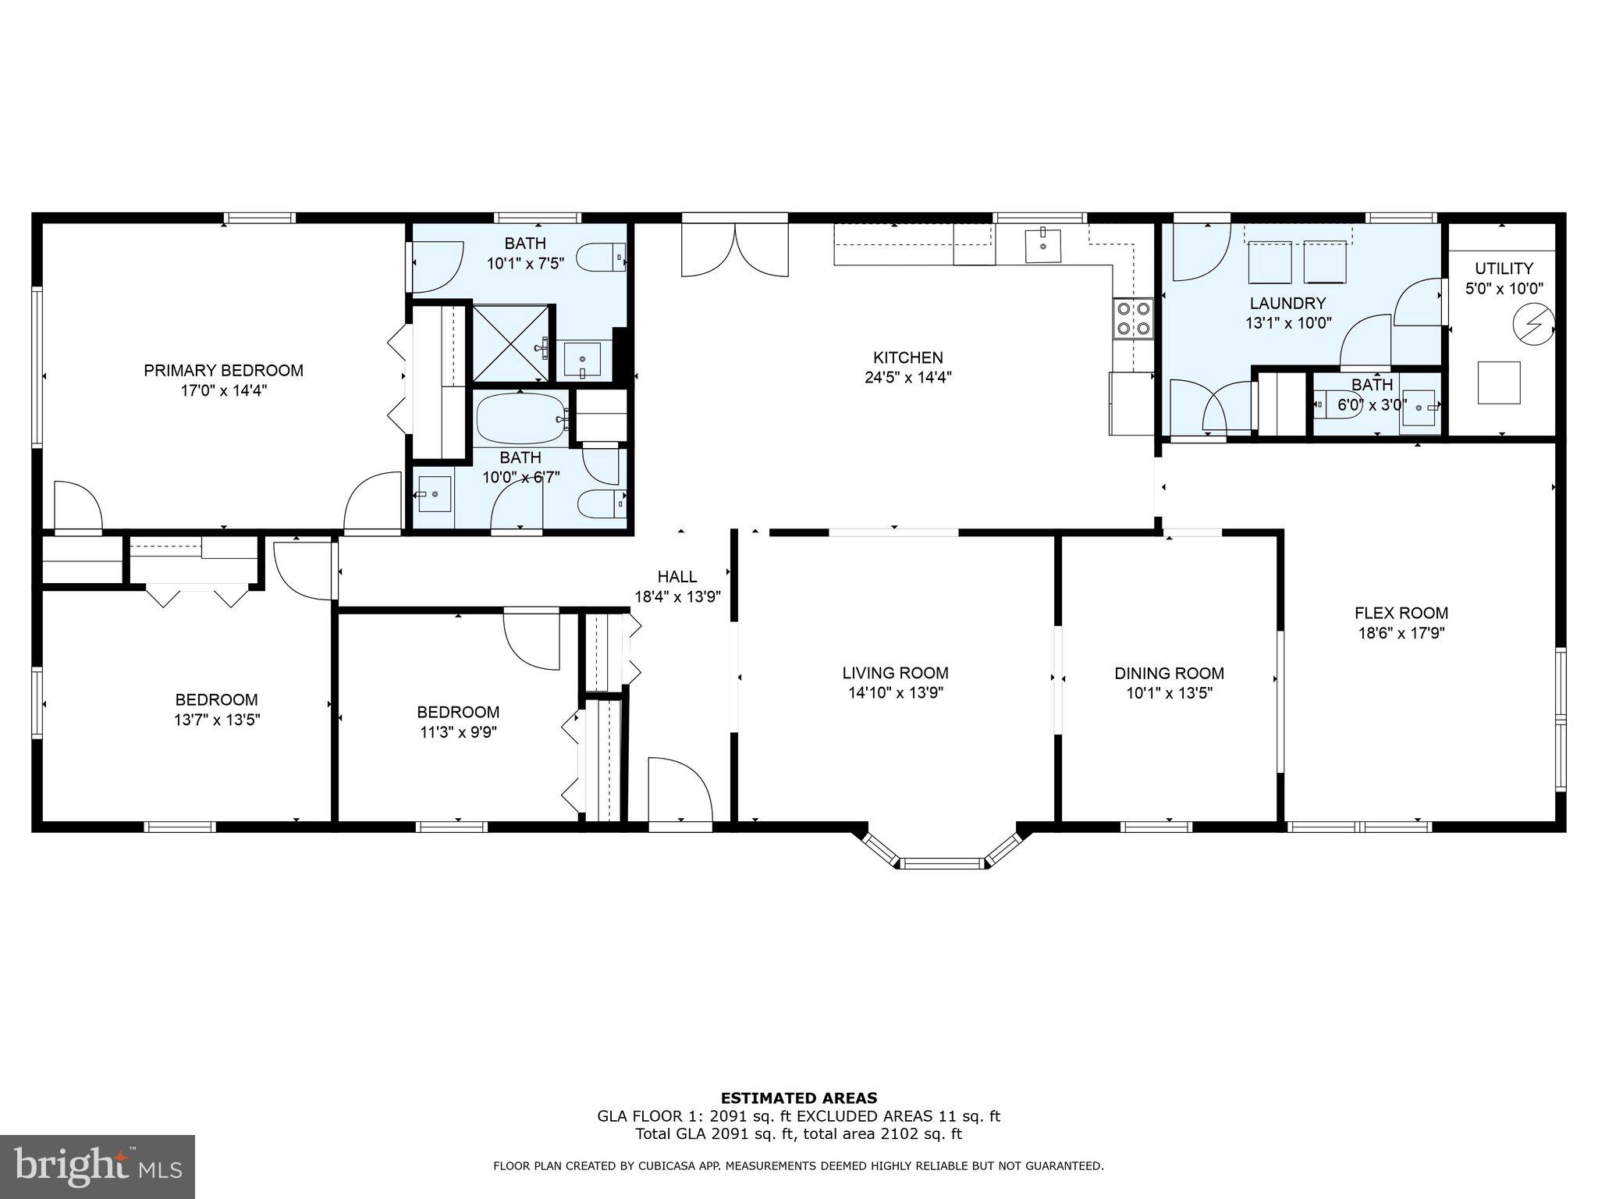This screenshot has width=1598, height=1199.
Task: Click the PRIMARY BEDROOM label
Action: point(223,370)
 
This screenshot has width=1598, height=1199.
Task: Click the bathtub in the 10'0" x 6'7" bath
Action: point(523,418)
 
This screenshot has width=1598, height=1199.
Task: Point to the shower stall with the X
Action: point(512,344)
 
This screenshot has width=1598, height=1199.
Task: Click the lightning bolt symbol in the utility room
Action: point(1533,322)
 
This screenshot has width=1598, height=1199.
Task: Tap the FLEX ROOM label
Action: point(1401,614)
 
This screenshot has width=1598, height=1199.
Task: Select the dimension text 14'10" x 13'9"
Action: point(896,693)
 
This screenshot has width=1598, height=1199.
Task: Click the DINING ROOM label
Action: point(1169,673)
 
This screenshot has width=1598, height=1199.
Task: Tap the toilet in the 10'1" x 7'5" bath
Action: point(602,257)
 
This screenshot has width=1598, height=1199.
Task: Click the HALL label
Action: point(676,577)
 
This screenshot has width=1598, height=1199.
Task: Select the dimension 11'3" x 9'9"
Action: point(458,732)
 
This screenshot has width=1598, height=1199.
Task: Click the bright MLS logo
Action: point(98,1166)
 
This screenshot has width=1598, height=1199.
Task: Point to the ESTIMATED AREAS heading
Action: point(798,1098)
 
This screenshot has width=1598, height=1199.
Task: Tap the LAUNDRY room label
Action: point(1287,303)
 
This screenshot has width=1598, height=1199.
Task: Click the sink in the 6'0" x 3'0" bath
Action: point(1419,407)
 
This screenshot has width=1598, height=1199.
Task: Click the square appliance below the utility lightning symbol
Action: point(1499,382)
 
